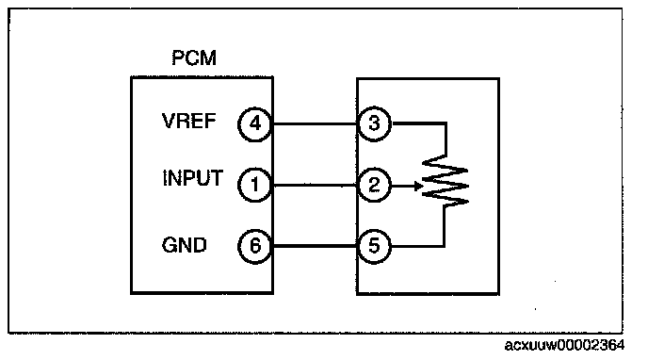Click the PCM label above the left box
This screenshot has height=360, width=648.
point(194,57)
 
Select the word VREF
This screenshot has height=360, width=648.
point(189,122)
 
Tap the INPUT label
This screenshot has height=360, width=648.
point(192,178)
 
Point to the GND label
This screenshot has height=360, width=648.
point(184,245)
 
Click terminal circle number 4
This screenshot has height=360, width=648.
point(255,124)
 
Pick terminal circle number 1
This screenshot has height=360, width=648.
point(255,185)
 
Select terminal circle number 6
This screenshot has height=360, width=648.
point(255,246)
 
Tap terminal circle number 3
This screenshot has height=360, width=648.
point(374,123)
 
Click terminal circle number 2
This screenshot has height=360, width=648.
point(374,185)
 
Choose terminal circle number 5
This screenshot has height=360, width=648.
point(374,246)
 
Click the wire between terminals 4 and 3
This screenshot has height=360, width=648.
point(315,123)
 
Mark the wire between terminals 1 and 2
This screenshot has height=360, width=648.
point(315,185)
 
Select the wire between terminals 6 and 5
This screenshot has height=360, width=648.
point(315,246)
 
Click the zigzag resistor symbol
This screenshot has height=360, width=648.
point(445,181)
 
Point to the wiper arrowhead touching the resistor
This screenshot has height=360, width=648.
point(418,187)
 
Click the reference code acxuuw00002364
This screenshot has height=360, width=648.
point(564,345)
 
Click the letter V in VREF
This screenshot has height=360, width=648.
point(169,122)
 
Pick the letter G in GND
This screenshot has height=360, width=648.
point(169,245)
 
